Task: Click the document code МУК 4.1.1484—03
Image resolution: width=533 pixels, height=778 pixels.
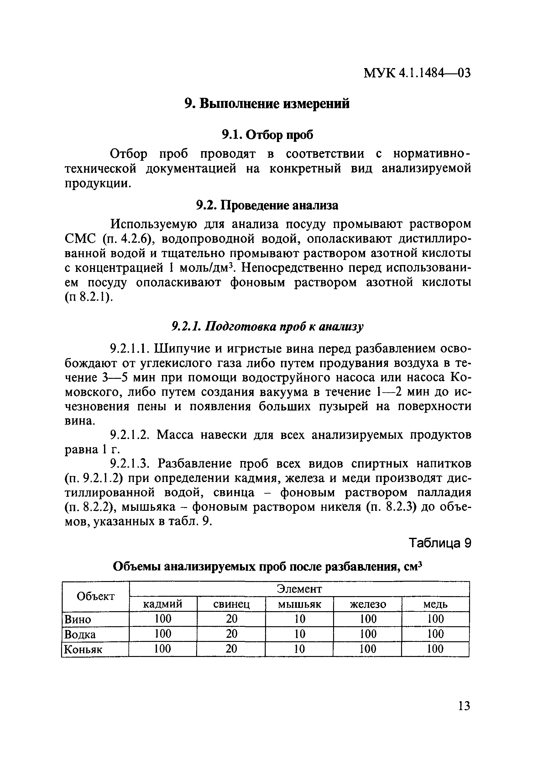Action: click(x=417, y=73)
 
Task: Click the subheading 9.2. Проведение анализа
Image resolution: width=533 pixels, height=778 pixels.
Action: click(x=267, y=205)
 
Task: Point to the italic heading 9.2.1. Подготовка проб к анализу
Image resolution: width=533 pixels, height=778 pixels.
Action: click(x=267, y=326)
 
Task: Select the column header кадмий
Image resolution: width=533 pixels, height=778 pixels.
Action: click(x=163, y=604)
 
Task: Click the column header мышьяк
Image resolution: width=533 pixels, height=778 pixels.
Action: click(x=300, y=604)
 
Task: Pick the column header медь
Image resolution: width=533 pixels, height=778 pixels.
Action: click(x=435, y=604)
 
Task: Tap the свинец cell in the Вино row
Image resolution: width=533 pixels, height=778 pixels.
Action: click(x=231, y=619)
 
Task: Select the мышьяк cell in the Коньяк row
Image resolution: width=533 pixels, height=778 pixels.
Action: click(x=300, y=649)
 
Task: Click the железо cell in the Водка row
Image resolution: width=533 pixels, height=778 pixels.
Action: click(x=368, y=634)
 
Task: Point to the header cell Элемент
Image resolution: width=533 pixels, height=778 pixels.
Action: click(x=300, y=589)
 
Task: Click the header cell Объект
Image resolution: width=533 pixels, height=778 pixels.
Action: click(x=95, y=596)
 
